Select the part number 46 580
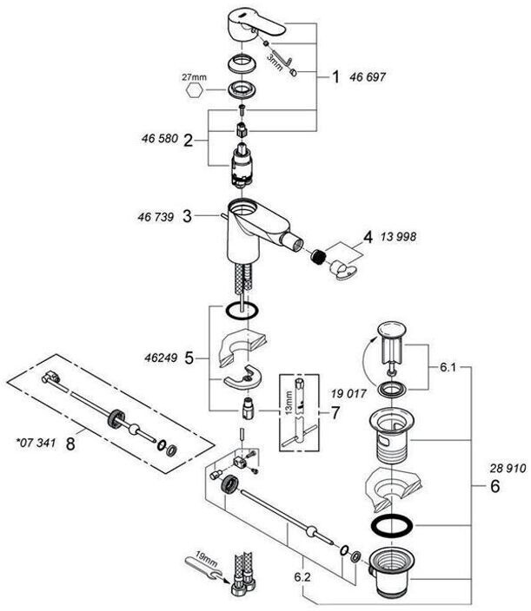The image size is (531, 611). tap(158, 138)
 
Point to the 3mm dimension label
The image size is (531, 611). tap(274, 59)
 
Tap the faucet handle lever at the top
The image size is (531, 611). tap(260, 19)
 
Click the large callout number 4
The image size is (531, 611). tap(368, 236)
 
